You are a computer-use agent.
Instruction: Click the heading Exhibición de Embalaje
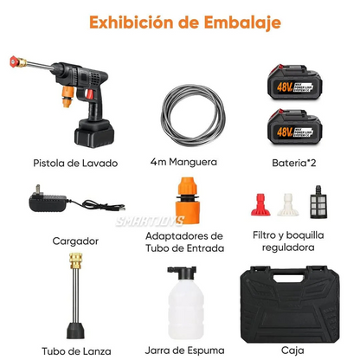[179, 21]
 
